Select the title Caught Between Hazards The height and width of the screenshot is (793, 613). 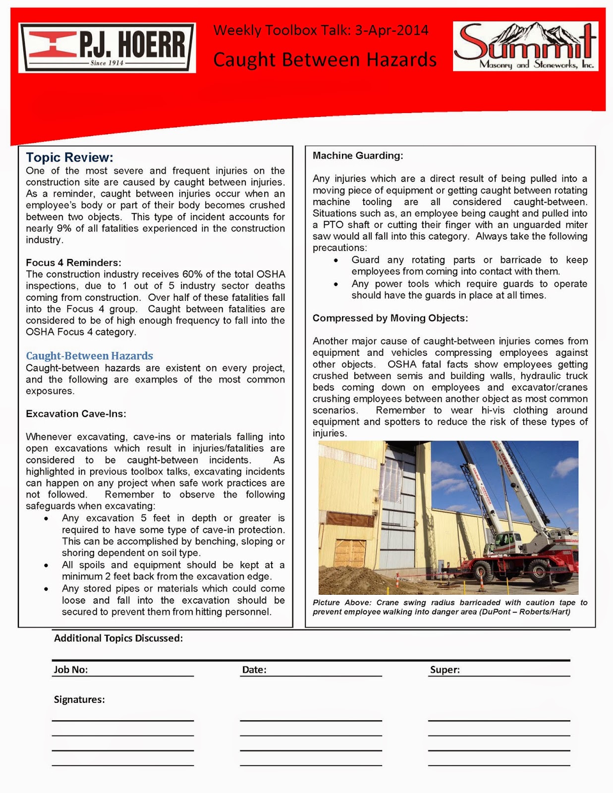(325, 60)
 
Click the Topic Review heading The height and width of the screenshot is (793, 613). (70, 158)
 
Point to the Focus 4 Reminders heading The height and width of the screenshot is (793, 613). (73, 263)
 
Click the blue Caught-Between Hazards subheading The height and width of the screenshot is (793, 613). (89, 356)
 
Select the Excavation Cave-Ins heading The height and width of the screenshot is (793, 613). (76, 414)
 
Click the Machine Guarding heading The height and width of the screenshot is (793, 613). (358, 156)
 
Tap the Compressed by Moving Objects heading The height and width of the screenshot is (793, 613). (390, 318)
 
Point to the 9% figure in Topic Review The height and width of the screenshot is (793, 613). (62, 228)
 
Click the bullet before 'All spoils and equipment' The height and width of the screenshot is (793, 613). (46, 566)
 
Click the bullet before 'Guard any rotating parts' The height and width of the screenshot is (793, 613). (336, 260)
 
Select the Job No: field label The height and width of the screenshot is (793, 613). (71, 670)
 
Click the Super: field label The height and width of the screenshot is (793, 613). (445, 670)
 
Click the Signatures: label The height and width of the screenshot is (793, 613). (79, 699)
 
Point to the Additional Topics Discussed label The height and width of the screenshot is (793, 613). (118, 638)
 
